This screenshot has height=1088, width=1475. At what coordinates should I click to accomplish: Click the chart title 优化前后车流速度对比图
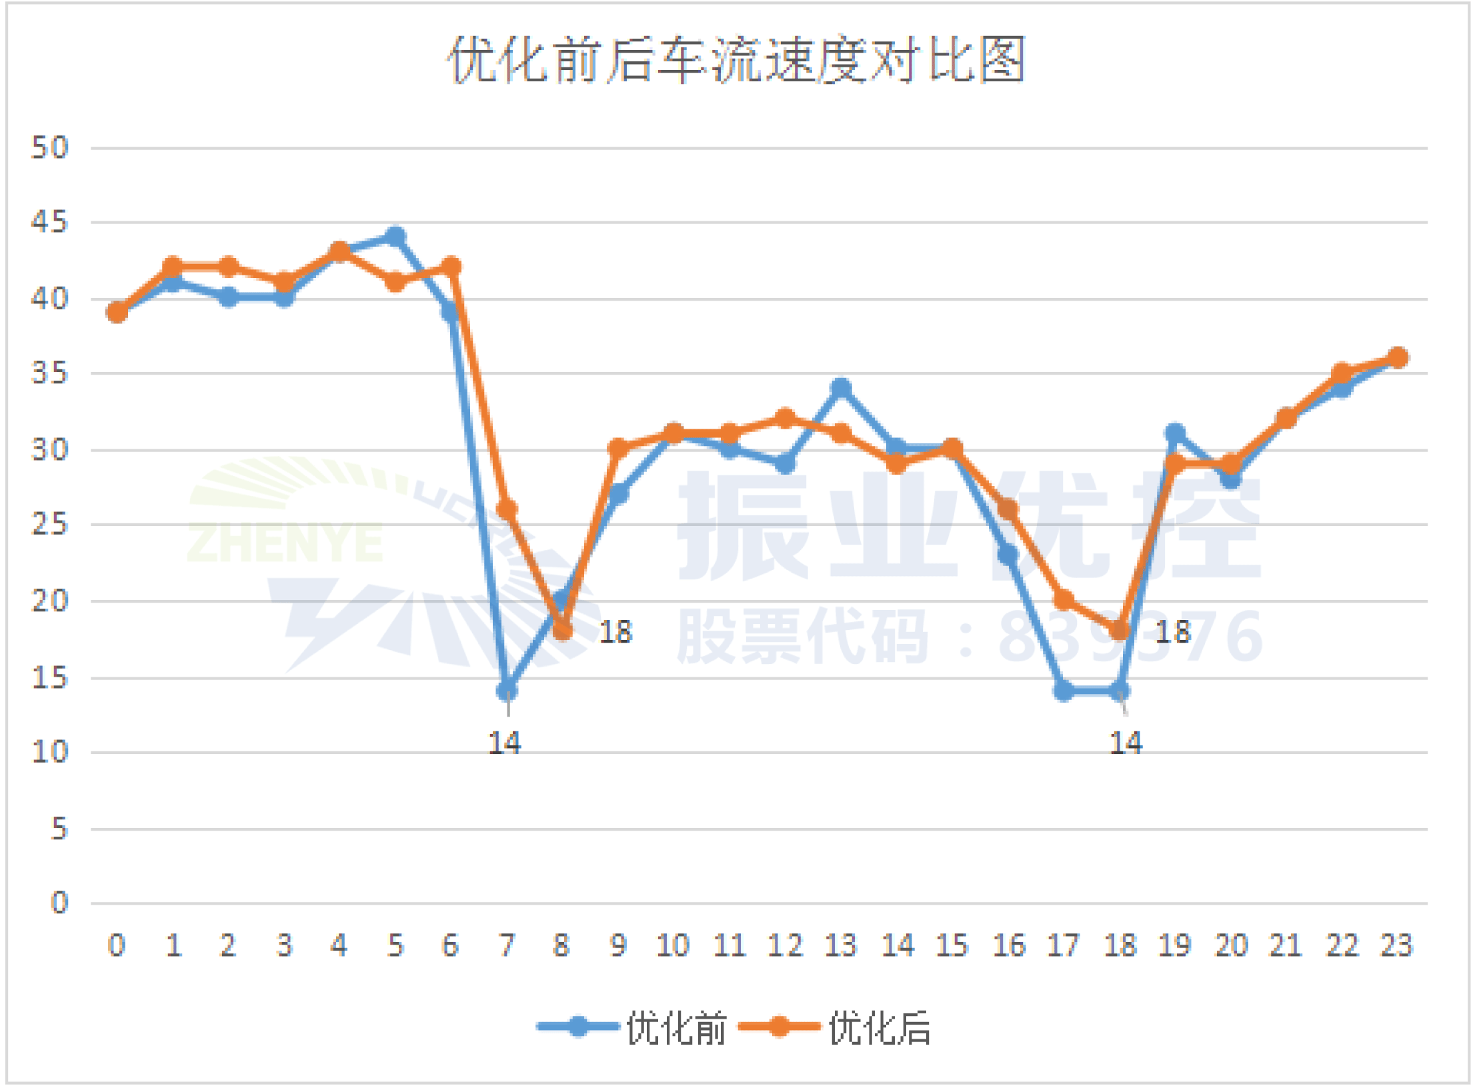click(736, 61)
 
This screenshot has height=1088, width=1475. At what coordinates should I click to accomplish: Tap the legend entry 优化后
click(880, 1027)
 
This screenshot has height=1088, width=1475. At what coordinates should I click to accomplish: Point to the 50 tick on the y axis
click(50, 147)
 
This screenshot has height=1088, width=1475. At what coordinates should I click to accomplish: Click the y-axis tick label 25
click(50, 525)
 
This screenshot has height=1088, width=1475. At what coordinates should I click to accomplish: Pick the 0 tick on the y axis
click(59, 903)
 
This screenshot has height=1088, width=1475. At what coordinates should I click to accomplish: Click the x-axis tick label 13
click(840, 945)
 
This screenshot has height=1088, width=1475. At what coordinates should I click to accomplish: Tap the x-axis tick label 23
click(1396, 945)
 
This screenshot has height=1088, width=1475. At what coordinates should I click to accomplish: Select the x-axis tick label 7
click(507, 945)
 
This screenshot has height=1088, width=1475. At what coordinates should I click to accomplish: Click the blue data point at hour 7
click(507, 691)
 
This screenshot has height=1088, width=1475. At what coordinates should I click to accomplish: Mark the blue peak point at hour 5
click(395, 236)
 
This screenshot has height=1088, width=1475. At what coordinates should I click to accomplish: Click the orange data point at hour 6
click(451, 267)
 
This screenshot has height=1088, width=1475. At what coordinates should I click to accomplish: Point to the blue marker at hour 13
click(842, 387)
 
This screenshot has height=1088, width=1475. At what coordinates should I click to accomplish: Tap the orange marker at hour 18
click(1120, 630)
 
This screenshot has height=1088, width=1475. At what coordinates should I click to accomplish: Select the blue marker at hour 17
click(1064, 691)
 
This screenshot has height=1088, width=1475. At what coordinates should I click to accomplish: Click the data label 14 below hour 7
click(504, 743)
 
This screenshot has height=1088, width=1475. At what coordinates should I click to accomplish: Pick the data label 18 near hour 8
click(615, 632)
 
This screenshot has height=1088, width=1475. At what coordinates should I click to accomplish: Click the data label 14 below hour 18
click(1126, 743)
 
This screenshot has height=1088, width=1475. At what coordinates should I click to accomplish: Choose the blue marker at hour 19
click(1175, 433)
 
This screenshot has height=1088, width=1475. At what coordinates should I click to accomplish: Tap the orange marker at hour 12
click(786, 418)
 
